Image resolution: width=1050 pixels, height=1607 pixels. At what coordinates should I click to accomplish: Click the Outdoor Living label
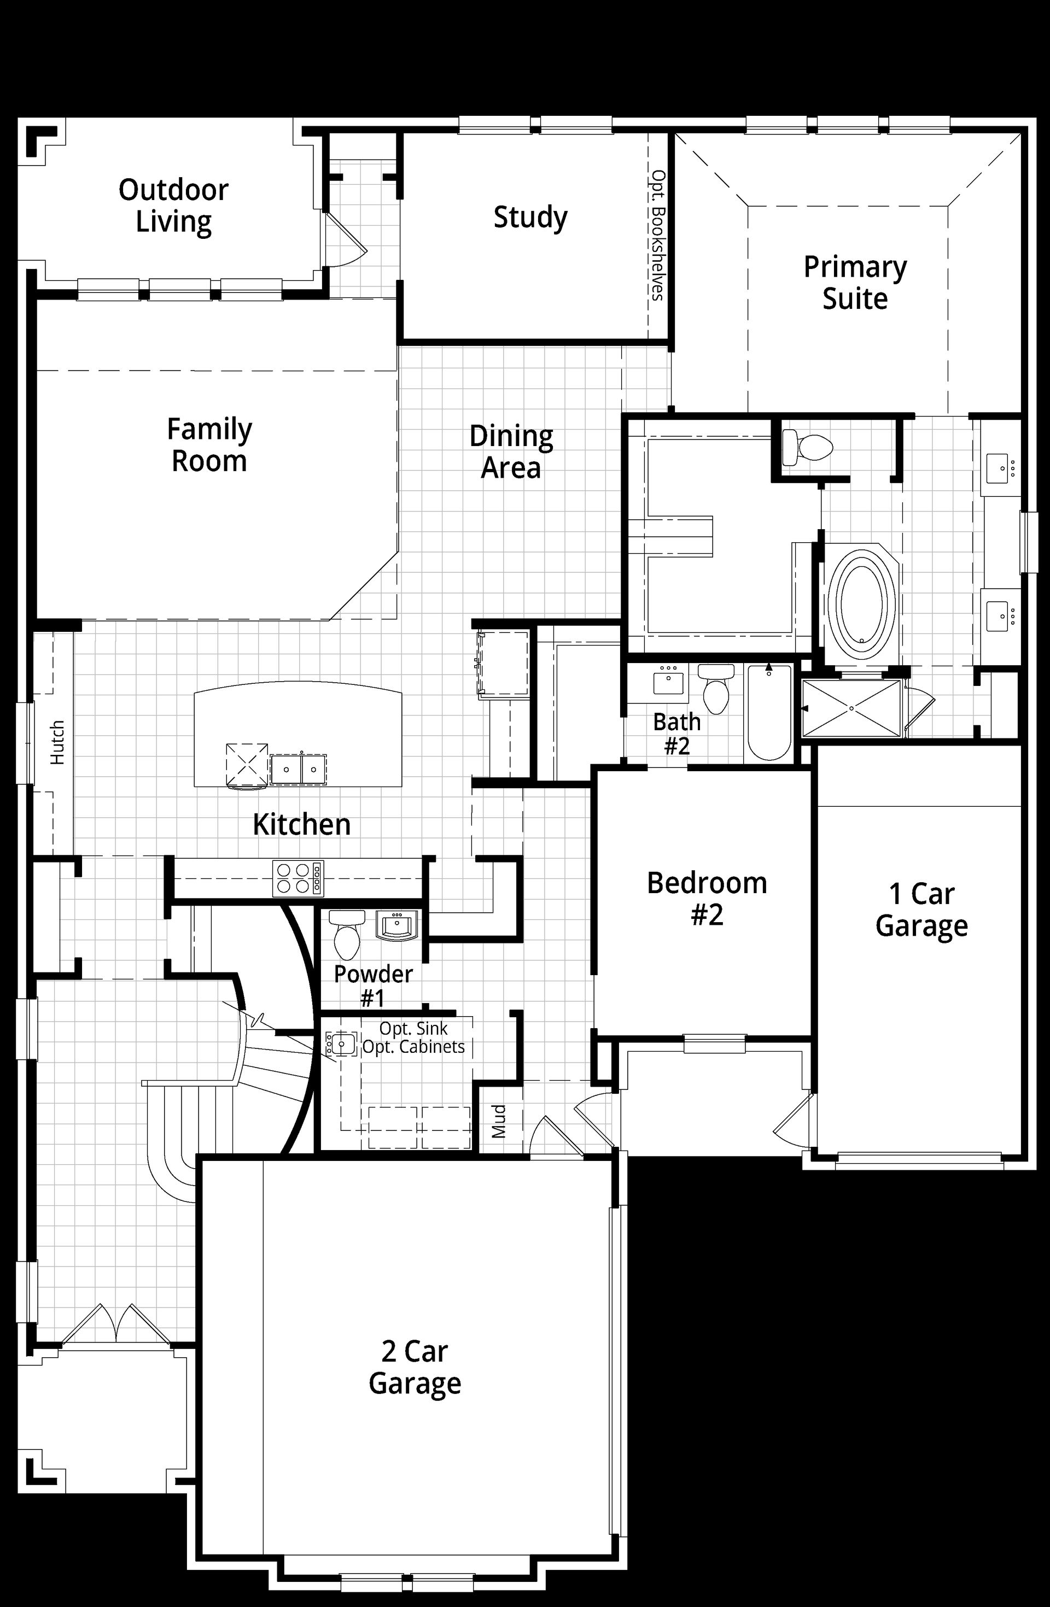(174, 206)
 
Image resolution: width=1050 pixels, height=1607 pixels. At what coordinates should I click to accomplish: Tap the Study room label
(530, 218)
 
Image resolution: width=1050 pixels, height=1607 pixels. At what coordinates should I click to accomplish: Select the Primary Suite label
(855, 283)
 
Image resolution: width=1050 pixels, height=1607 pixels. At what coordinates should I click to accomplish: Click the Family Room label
(209, 445)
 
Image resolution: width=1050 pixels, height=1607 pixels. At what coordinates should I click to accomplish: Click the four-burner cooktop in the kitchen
(298, 878)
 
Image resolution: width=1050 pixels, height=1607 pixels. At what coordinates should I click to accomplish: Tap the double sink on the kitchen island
(298, 769)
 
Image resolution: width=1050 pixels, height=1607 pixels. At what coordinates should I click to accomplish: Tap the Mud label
(499, 1122)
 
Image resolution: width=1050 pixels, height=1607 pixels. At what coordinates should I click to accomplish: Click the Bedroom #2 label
(707, 899)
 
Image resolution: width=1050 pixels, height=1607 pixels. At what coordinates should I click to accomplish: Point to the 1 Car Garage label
(921, 910)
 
